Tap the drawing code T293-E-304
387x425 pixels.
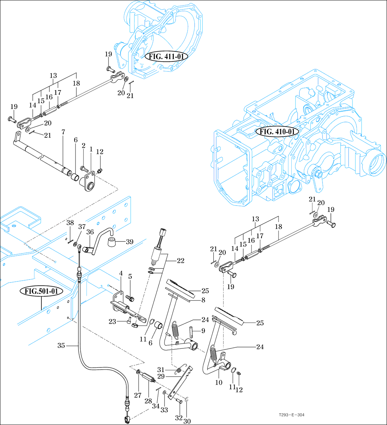coord(291,415)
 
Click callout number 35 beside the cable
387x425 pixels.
coord(61,345)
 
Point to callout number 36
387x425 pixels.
coord(90,232)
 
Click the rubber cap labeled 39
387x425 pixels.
coord(111,241)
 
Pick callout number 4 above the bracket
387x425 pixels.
coord(120,273)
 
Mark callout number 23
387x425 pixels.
coord(113,322)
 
